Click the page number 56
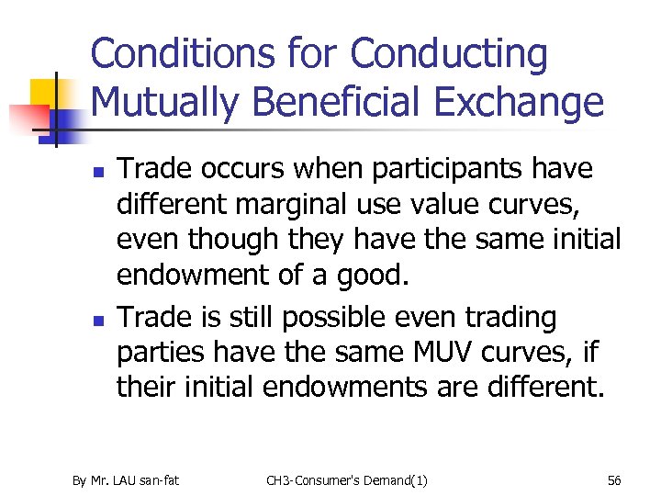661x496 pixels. point(614,480)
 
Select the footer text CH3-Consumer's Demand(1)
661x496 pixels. point(346,480)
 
